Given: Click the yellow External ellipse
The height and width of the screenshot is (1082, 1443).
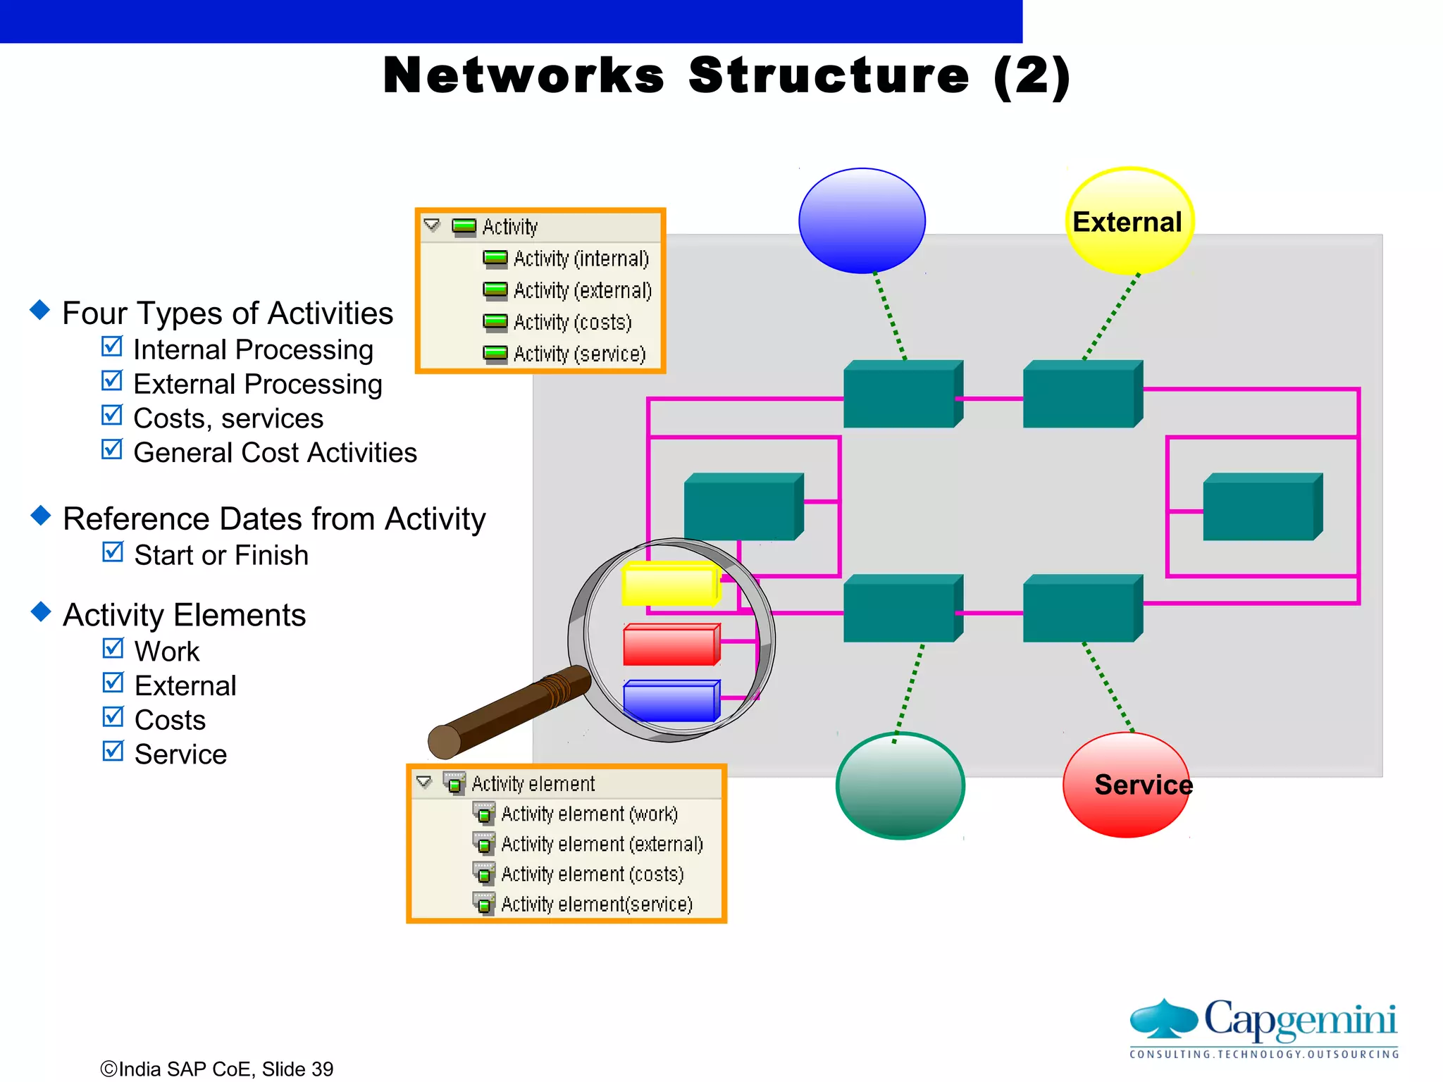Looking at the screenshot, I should point(1129,221).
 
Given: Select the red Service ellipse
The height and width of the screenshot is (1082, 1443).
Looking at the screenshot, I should point(1125,785).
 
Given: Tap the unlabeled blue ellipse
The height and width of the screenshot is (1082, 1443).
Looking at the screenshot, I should point(862,220).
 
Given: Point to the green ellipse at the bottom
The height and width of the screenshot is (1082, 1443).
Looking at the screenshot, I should point(900,786).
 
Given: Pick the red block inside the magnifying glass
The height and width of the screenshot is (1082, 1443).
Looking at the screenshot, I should point(670,645).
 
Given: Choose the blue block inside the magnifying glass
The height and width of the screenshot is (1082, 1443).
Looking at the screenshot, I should point(670,702).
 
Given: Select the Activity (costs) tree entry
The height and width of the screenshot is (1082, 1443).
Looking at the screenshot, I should point(571,323).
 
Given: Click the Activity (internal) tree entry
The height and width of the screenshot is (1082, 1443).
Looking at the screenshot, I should point(580,259).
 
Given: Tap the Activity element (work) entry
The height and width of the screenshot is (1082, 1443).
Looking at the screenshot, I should point(588,814).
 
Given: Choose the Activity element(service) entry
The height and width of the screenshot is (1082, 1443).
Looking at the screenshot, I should point(595,904).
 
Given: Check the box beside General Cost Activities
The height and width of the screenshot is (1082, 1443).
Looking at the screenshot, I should point(112,449).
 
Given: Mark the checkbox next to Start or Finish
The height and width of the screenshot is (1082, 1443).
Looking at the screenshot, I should point(113,552).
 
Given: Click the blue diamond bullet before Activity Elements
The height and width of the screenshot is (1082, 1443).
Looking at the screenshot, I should point(42,611).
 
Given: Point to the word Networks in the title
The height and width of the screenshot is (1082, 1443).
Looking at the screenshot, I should point(524,75).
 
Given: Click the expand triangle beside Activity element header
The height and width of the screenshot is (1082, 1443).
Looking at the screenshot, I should point(424,782).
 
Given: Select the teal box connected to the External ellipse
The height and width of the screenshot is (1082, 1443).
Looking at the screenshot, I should point(1081,394).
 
